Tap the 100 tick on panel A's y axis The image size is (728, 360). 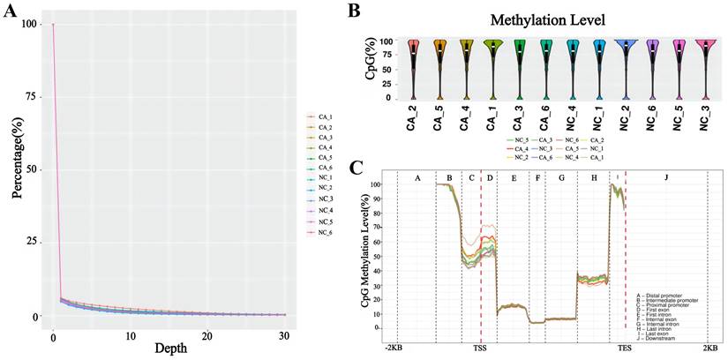pyautogui.click(x=32, y=25)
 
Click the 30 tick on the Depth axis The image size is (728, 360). pyautogui.click(x=282, y=335)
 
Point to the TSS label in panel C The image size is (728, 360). pyautogui.click(x=480, y=349)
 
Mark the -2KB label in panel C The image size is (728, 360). pyautogui.click(x=394, y=349)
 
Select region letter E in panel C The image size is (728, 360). pyautogui.click(x=513, y=178)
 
